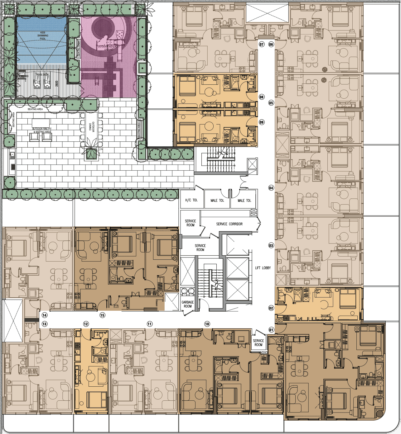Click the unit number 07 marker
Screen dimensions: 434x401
coord(261,44)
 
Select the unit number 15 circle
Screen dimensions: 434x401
coord(102,315)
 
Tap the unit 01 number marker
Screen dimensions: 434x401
coord(271,330)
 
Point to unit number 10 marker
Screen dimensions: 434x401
coord(207,324)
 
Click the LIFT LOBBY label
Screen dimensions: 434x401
coord(263,268)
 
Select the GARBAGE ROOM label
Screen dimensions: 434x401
coord(188,304)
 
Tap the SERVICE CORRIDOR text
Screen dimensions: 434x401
coord(229,224)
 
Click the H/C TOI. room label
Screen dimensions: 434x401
coord(191,200)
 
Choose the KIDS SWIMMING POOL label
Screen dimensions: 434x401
coord(43,35)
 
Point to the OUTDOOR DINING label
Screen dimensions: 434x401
coord(91,126)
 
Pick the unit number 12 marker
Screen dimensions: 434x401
coord(86,324)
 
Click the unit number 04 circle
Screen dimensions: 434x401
coord(271,188)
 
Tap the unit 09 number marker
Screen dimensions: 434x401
coord(261,122)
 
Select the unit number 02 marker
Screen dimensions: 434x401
coord(271,308)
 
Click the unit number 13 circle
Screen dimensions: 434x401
coord(45,324)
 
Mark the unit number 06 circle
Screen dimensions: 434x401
coord(271,44)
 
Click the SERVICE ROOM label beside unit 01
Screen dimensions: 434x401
coord(258,342)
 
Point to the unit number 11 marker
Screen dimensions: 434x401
coord(150,324)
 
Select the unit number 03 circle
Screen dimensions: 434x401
coord(271,245)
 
